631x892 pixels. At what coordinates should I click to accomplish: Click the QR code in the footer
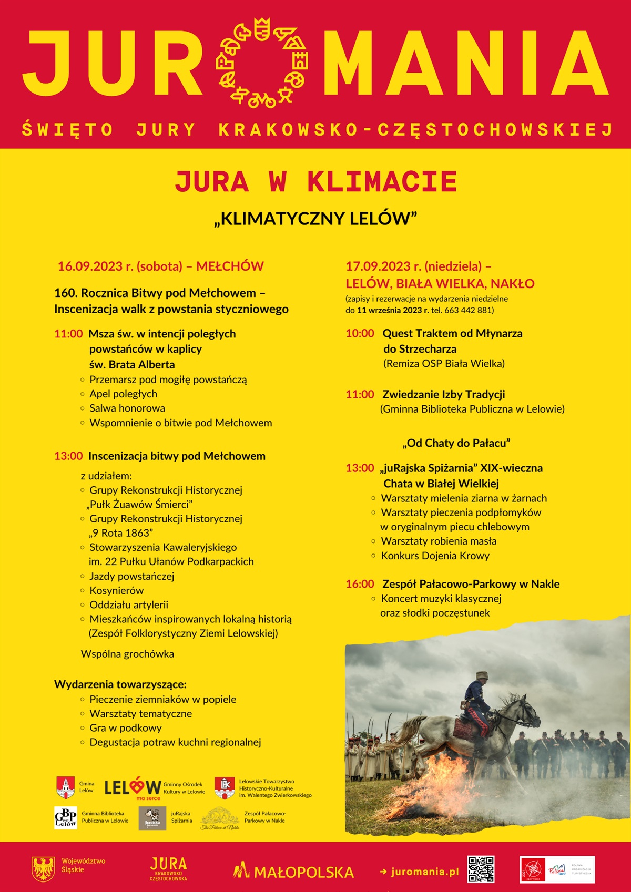481,869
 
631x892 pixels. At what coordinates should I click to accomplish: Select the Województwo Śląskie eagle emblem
44,869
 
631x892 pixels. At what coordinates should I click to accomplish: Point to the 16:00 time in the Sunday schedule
360,584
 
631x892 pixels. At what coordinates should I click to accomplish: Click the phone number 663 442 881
467,310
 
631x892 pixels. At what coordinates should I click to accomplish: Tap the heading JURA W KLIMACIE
315,182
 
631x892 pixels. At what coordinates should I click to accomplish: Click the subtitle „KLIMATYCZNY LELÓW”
315,218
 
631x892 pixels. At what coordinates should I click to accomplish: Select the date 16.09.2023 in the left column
90,266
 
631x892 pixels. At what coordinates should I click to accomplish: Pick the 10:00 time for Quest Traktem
360,333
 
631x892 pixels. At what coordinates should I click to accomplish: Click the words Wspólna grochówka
127,654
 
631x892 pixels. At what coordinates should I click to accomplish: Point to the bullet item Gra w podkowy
125,728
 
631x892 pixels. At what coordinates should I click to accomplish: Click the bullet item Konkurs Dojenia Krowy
435,556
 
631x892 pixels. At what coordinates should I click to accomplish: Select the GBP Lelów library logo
66,817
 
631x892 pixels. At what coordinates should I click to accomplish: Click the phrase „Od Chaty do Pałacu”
456,443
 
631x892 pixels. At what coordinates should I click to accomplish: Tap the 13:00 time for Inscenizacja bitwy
68,456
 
